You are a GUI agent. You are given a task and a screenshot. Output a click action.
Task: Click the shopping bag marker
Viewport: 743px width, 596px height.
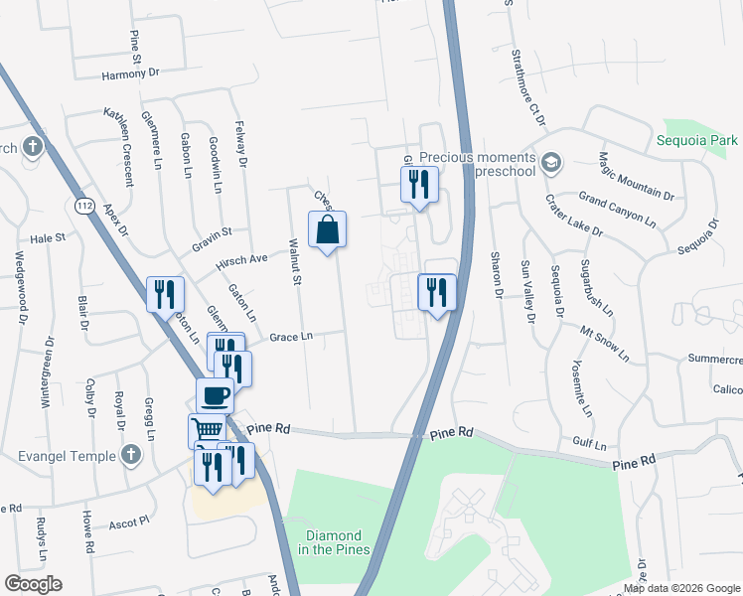tap(328, 230)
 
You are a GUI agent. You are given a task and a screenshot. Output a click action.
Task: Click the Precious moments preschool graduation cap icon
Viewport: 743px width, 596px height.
tap(550, 161)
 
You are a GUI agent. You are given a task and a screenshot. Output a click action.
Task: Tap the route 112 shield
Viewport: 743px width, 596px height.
tap(83, 204)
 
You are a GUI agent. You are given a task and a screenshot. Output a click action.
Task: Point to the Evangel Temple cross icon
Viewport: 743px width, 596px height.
tap(129, 455)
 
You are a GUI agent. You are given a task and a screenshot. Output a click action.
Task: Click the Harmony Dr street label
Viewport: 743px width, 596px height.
tap(130, 74)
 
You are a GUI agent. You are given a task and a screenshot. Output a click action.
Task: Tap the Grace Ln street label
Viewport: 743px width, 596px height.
tap(292, 337)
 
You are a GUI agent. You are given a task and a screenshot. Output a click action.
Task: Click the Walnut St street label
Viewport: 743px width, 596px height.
tap(295, 262)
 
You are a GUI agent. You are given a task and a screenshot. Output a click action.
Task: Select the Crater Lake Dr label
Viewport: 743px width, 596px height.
tap(574, 215)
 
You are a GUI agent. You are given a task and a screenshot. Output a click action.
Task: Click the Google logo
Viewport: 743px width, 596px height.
tap(33, 584)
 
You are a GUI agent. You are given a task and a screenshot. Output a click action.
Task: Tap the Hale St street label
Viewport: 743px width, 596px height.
tap(47, 238)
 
